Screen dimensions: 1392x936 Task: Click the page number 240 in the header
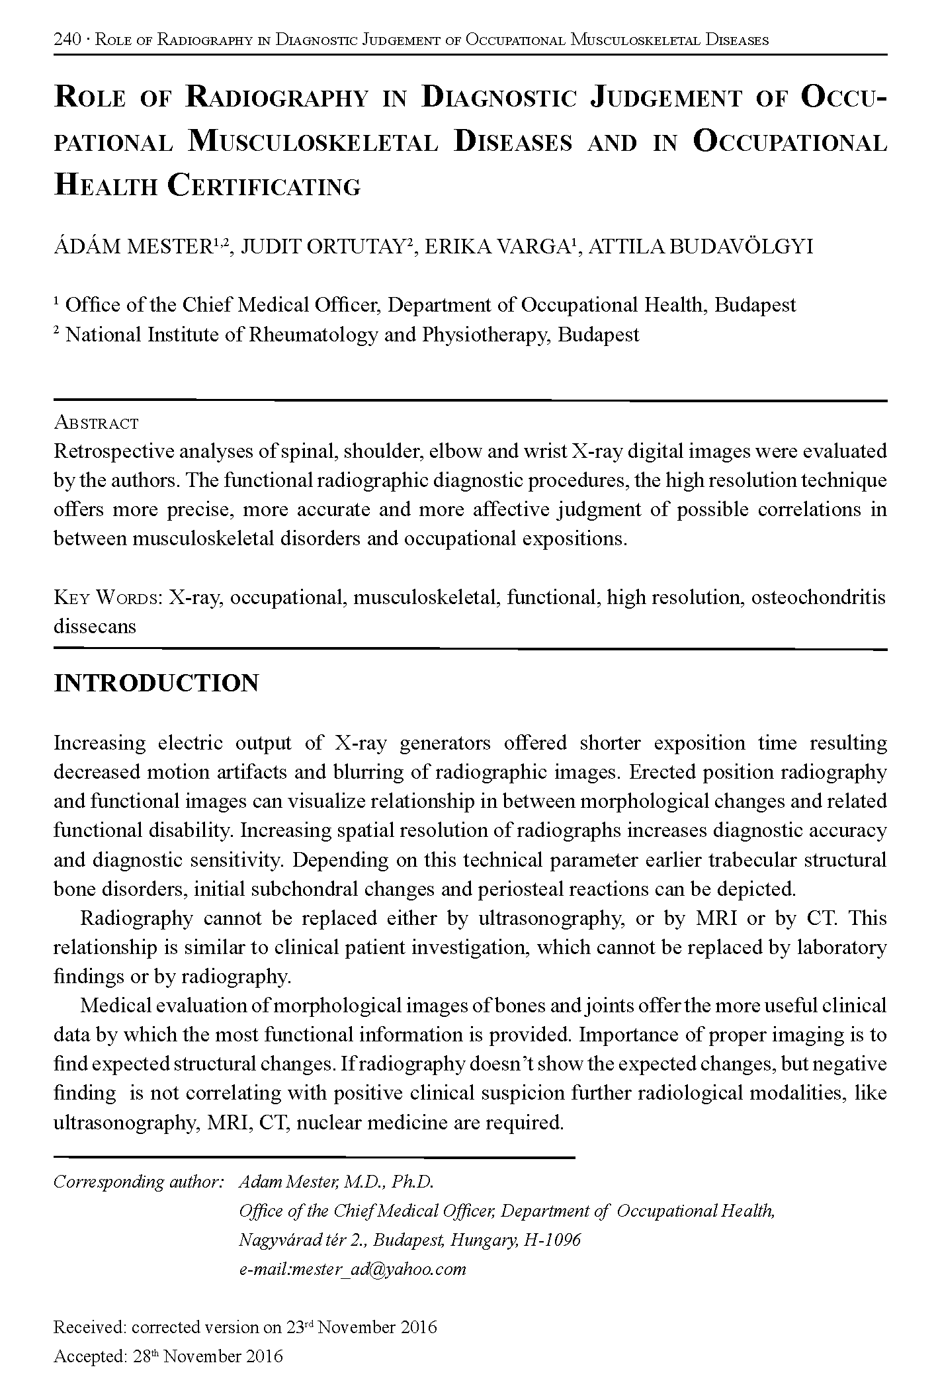point(66,40)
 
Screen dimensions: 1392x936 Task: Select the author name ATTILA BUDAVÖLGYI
point(701,247)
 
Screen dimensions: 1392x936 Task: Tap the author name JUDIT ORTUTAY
point(323,247)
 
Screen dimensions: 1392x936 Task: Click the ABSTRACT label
point(96,423)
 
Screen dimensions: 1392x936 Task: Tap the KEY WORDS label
point(107,598)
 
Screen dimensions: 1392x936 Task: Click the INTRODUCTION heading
point(155,683)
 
